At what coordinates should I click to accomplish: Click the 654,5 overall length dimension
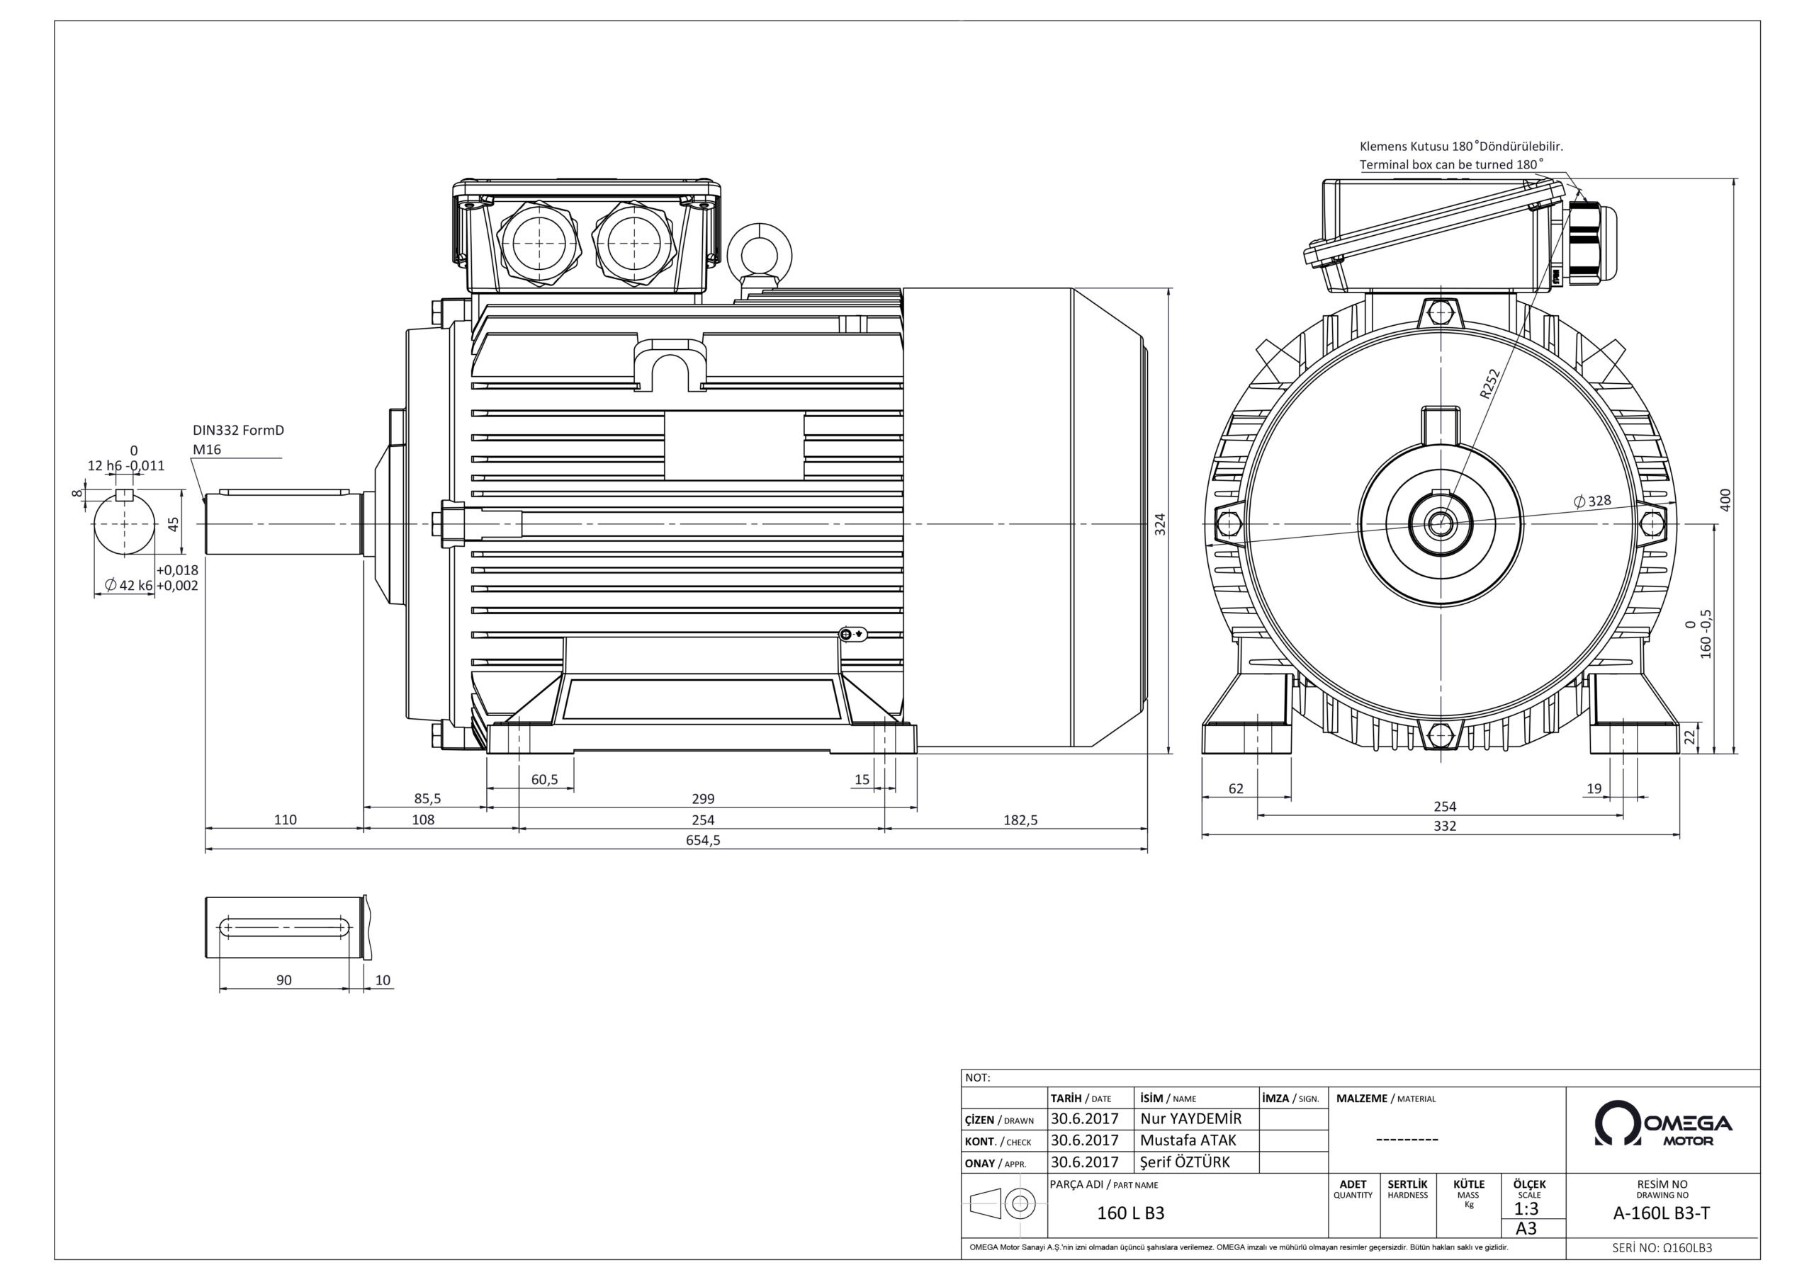(x=702, y=841)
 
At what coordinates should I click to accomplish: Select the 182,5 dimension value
(x=1020, y=820)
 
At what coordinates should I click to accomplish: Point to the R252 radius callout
(x=1489, y=384)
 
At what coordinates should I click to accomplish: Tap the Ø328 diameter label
(x=1592, y=501)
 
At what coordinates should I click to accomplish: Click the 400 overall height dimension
(x=1725, y=499)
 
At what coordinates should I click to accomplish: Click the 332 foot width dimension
(x=1444, y=827)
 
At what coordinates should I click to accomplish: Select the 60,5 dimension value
(x=544, y=780)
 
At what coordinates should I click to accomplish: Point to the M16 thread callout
(x=207, y=450)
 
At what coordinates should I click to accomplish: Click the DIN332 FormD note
(x=238, y=431)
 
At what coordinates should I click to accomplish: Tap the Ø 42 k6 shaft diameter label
(x=130, y=585)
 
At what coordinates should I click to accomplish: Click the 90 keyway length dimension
(x=283, y=980)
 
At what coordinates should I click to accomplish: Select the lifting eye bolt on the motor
(x=759, y=253)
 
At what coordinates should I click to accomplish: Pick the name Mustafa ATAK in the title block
(x=1188, y=1140)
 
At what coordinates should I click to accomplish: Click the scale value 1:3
(x=1526, y=1209)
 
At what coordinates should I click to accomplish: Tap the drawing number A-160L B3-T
(x=1662, y=1214)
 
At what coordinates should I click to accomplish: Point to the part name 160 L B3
(x=1131, y=1213)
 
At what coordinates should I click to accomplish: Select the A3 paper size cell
(x=1526, y=1228)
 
